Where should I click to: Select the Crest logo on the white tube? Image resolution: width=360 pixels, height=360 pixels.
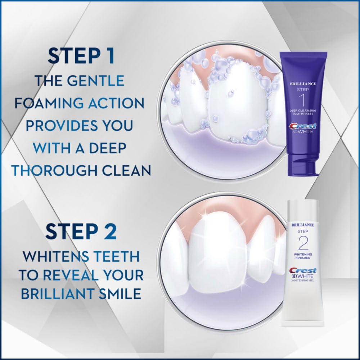coord(303,270)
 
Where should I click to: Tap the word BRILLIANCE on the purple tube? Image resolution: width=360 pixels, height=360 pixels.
coord(303,84)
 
